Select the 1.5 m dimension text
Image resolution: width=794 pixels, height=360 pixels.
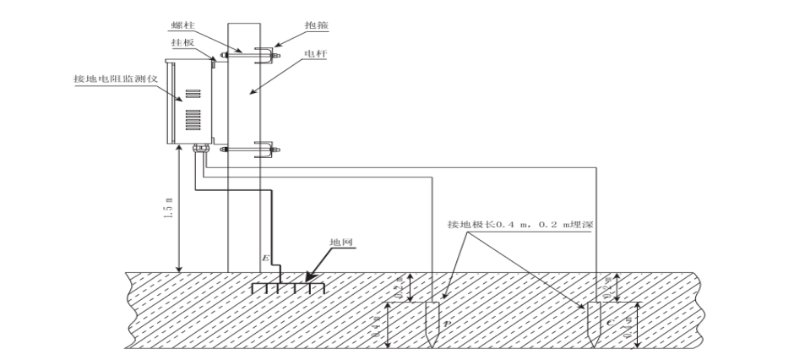click(x=164, y=208)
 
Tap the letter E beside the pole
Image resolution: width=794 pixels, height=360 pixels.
click(x=265, y=257)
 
